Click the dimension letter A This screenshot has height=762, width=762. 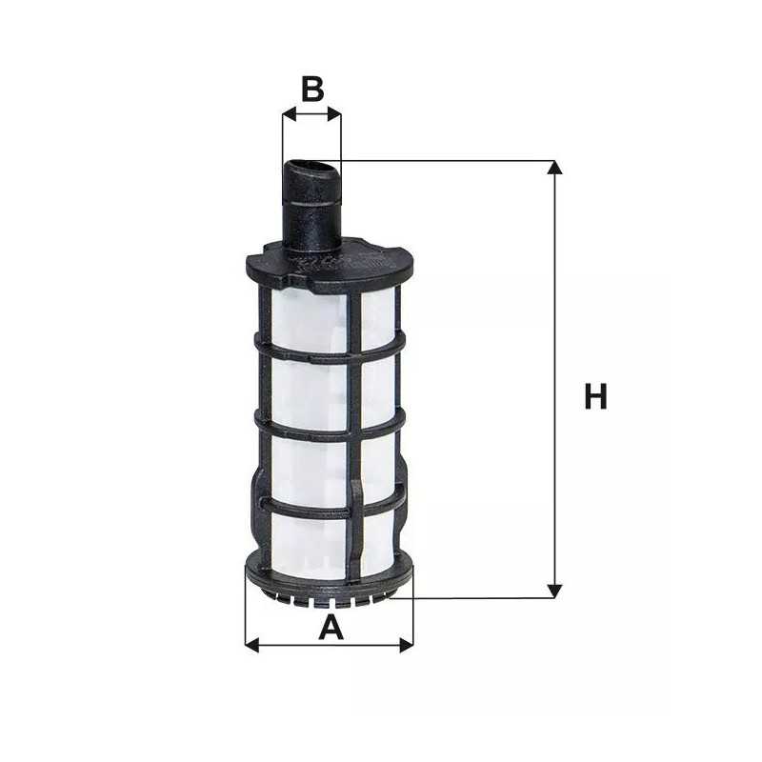point(330,628)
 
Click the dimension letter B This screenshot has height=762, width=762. point(312,89)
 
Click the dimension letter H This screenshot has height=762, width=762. point(595,396)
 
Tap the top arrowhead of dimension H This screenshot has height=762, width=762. point(555,168)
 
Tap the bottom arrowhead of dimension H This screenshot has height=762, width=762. point(555,592)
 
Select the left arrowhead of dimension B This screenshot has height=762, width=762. point(288,114)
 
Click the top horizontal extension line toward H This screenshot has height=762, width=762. point(448,161)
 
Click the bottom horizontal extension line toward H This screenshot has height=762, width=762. point(476,598)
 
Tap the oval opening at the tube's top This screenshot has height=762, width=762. point(311,169)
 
